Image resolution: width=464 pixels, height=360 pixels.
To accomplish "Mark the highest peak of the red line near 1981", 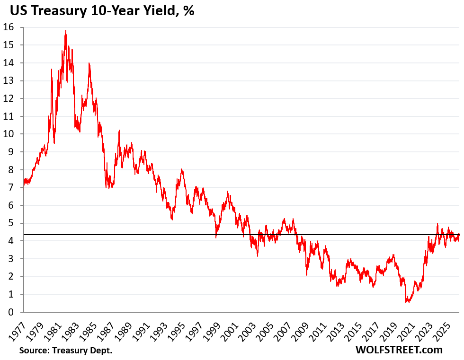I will point(65,31).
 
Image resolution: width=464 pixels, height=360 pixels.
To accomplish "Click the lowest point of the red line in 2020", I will point(406,302).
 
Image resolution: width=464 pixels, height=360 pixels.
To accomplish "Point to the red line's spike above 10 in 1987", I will point(119,131).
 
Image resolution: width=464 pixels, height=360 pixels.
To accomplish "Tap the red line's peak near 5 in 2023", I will point(437,224).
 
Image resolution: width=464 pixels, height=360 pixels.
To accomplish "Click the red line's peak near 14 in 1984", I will point(89,63).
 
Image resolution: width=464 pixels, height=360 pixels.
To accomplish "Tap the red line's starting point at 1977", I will point(23,186).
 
